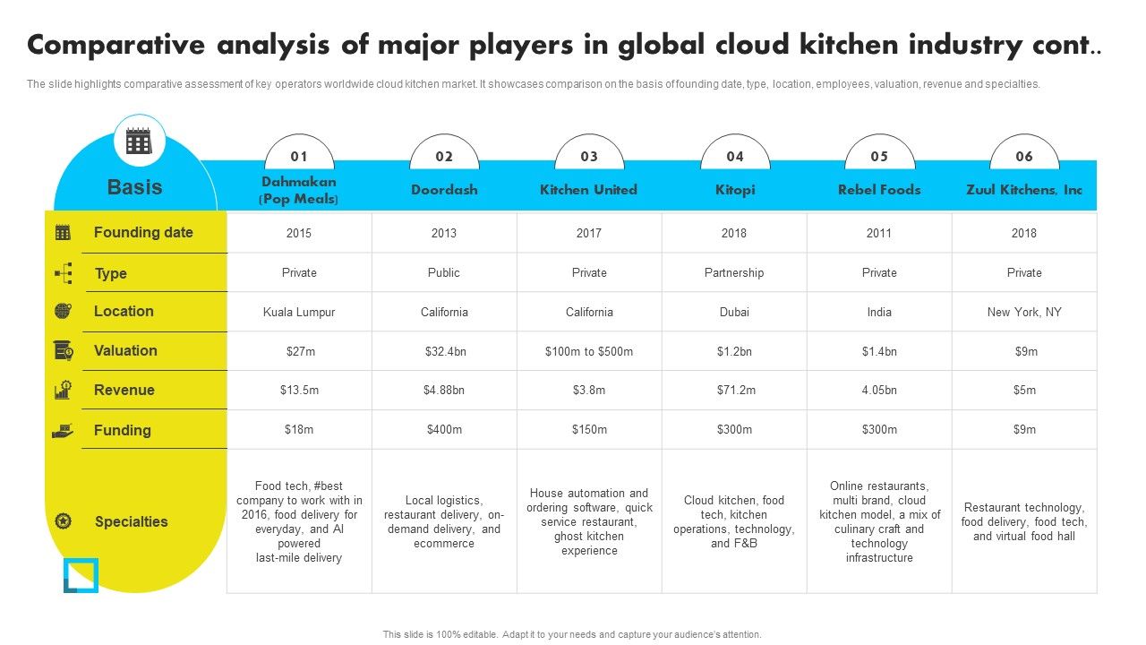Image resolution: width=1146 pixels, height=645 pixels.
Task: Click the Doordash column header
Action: point(444,190)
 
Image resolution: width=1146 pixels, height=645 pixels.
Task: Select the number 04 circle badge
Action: point(734,157)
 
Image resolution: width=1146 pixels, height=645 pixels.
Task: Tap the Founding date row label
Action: point(143,233)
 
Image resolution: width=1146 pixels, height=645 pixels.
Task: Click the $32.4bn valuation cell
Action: point(445,351)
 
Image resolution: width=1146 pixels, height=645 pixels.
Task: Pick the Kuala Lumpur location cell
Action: point(299,312)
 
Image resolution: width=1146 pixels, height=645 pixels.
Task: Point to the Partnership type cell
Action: point(734,272)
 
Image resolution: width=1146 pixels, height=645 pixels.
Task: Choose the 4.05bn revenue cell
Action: point(879,391)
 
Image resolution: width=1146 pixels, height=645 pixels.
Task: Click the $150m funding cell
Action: point(589,430)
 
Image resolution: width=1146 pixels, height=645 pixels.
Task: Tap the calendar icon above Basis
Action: point(139,141)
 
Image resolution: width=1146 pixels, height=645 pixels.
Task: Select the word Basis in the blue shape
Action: point(134,187)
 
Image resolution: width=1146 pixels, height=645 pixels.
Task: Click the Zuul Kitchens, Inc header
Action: point(1024,190)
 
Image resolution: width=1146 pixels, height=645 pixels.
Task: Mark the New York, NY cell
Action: point(1024,312)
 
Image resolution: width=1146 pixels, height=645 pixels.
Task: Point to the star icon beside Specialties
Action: point(63,521)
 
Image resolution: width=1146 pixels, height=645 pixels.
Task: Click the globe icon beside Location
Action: point(63,311)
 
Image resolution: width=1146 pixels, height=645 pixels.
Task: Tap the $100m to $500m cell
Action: point(589,351)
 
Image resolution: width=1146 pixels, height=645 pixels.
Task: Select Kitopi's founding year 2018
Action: point(734,233)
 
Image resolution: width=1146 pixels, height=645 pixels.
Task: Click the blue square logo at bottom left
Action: point(81,575)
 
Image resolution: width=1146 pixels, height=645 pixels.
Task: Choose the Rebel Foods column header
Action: point(879,190)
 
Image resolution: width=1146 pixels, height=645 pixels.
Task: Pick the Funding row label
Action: point(122,430)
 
